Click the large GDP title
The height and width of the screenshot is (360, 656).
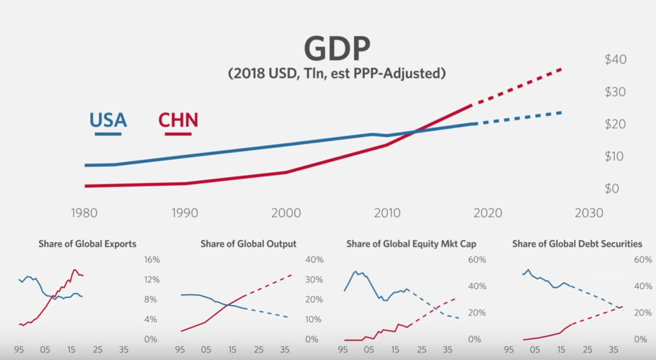click(x=337, y=48)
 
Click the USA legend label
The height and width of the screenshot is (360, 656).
click(x=108, y=120)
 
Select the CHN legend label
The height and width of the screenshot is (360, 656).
click(x=178, y=120)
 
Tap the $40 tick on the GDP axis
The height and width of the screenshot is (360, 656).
click(x=615, y=59)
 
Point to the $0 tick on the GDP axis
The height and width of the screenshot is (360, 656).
click(x=612, y=189)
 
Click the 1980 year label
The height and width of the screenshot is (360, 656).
click(x=84, y=213)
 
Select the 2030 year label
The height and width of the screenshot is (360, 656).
click(x=589, y=213)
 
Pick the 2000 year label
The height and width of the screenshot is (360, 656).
click(x=286, y=213)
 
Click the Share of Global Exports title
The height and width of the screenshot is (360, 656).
click(x=87, y=244)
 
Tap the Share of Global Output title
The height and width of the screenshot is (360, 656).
click(x=248, y=244)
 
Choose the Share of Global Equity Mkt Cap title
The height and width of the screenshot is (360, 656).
click(x=411, y=244)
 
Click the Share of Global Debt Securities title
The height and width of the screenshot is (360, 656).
click(x=577, y=244)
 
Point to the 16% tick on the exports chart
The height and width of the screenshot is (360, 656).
click(x=152, y=260)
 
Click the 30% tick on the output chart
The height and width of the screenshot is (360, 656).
click(x=314, y=279)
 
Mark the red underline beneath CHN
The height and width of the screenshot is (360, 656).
click(x=178, y=134)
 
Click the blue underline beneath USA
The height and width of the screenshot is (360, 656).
click(x=108, y=134)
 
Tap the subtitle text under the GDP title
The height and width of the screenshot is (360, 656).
click(x=337, y=73)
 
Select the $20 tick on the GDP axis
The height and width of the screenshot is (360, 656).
click(x=615, y=124)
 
